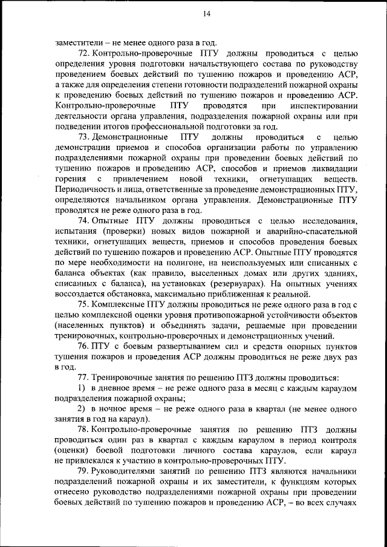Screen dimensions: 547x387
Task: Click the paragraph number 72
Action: [85, 54]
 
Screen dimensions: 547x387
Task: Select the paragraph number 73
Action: [85, 137]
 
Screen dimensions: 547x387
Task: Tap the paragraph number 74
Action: [85, 221]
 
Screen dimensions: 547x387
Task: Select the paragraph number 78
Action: [85, 430]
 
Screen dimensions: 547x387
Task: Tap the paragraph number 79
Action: [85, 471]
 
